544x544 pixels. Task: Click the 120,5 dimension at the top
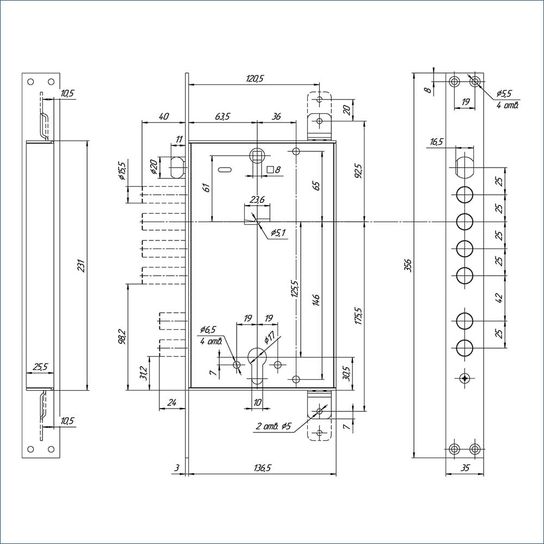[x=254, y=79]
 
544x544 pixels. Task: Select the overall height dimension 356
[x=408, y=265]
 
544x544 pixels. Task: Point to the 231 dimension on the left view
[x=82, y=265]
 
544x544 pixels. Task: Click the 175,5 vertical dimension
[x=358, y=317]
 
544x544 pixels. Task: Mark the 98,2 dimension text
[x=121, y=336]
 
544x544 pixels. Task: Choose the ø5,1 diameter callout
[x=277, y=233]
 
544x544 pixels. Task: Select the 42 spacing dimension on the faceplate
[x=500, y=298]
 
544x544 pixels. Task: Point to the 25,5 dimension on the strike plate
[x=40, y=367]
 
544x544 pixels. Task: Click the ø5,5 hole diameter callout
[x=504, y=94]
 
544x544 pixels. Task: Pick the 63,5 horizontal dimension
[x=222, y=116]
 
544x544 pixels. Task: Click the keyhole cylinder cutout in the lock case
[x=256, y=363]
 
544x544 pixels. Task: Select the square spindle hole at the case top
[x=257, y=156]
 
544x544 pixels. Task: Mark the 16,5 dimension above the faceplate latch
[x=437, y=142]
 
